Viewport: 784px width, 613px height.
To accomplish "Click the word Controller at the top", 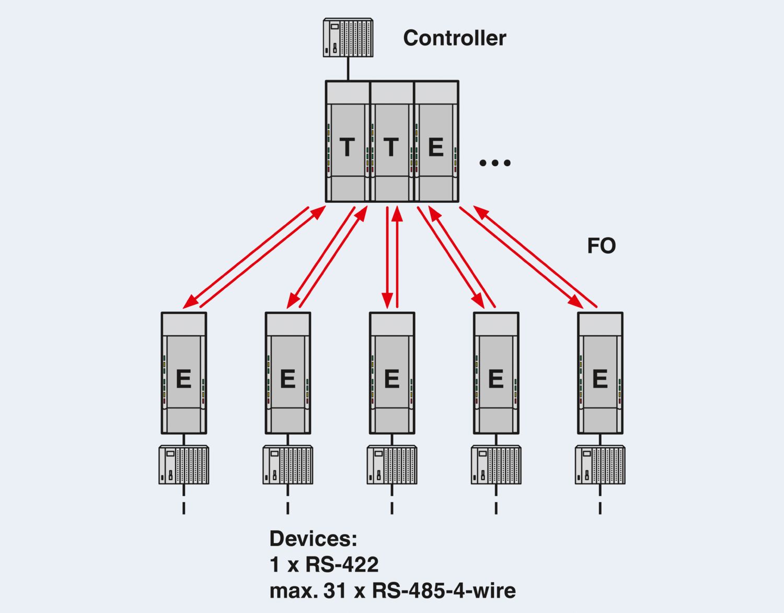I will click(x=454, y=38).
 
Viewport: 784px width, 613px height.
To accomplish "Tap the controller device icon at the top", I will click(x=348, y=38).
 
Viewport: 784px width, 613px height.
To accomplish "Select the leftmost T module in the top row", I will click(x=348, y=142).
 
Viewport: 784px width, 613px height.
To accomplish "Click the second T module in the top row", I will click(x=391, y=142).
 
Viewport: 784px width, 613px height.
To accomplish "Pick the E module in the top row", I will click(x=436, y=142).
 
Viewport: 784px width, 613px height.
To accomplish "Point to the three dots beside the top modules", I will click(x=494, y=163).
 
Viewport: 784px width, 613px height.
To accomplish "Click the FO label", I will click(x=601, y=246).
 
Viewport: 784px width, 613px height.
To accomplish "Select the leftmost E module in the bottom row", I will click(x=183, y=373).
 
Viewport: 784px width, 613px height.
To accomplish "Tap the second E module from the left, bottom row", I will click(x=287, y=373).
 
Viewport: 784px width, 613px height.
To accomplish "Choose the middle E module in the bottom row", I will click(x=392, y=373).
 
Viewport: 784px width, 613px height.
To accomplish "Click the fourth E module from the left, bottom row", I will click(x=496, y=373).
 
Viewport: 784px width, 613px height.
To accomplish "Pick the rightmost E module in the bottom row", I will click(x=600, y=373).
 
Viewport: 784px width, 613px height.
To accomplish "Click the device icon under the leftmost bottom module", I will click(x=183, y=465).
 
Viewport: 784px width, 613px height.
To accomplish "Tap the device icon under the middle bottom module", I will click(x=392, y=465).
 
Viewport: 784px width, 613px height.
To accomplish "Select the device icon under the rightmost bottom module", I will click(x=600, y=465).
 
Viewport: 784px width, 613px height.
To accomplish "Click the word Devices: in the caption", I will click(x=313, y=539).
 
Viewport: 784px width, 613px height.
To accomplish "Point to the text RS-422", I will click(x=342, y=565).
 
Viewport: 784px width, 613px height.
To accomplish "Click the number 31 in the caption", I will click(x=335, y=591).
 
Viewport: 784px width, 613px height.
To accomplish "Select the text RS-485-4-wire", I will click(x=444, y=591).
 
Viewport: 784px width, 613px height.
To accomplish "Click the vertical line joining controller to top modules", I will click(x=348, y=69).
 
